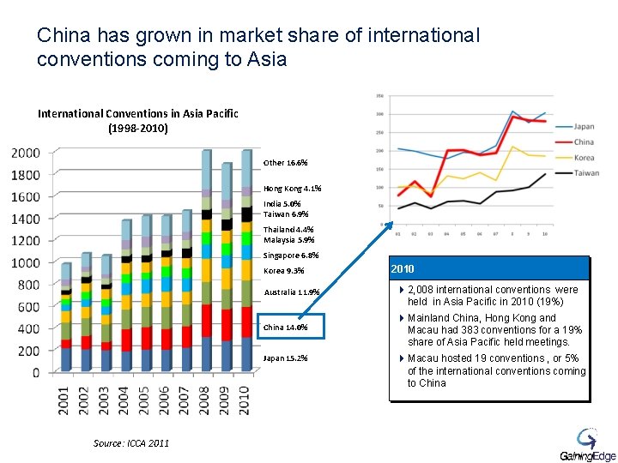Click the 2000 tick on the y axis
click(x=25, y=153)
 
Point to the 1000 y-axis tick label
click(x=25, y=262)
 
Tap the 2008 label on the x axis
click(x=203, y=400)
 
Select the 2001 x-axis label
click(x=65, y=400)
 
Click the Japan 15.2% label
click(x=286, y=358)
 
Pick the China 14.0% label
click(x=285, y=327)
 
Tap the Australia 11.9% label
click(x=291, y=292)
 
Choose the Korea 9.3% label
click(x=285, y=271)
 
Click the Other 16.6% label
click(x=285, y=162)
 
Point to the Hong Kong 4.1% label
click(x=293, y=188)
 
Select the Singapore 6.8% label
click(x=291, y=256)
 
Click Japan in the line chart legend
click(x=584, y=127)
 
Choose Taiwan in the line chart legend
click(x=585, y=172)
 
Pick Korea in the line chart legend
click(x=584, y=158)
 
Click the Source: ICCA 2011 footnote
click(x=130, y=442)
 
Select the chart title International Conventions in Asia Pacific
click(x=138, y=114)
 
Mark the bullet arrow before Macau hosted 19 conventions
click(x=401, y=358)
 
